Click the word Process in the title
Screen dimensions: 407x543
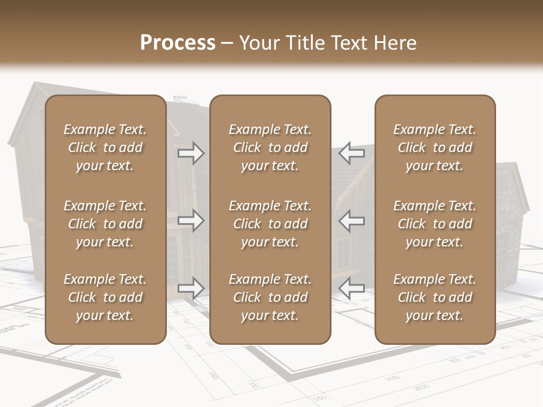(x=178, y=43)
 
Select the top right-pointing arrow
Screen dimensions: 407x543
(x=191, y=153)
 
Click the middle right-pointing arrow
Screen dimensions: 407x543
(x=191, y=220)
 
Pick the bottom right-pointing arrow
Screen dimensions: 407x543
(x=191, y=288)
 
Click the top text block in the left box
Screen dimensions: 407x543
(x=105, y=148)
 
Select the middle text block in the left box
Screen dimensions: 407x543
(x=105, y=224)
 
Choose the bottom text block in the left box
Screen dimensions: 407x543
(x=105, y=297)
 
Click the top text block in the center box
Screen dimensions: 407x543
(x=270, y=148)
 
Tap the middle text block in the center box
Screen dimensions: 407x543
(x=270, y=224)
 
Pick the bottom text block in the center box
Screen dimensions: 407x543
(x=270, y=297)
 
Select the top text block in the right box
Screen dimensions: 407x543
(x=435, y=148)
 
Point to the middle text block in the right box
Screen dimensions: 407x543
(x=435, y=224)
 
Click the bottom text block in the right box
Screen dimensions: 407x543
(x=435, y=297)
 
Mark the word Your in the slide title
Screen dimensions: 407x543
(x=258, y=43)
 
